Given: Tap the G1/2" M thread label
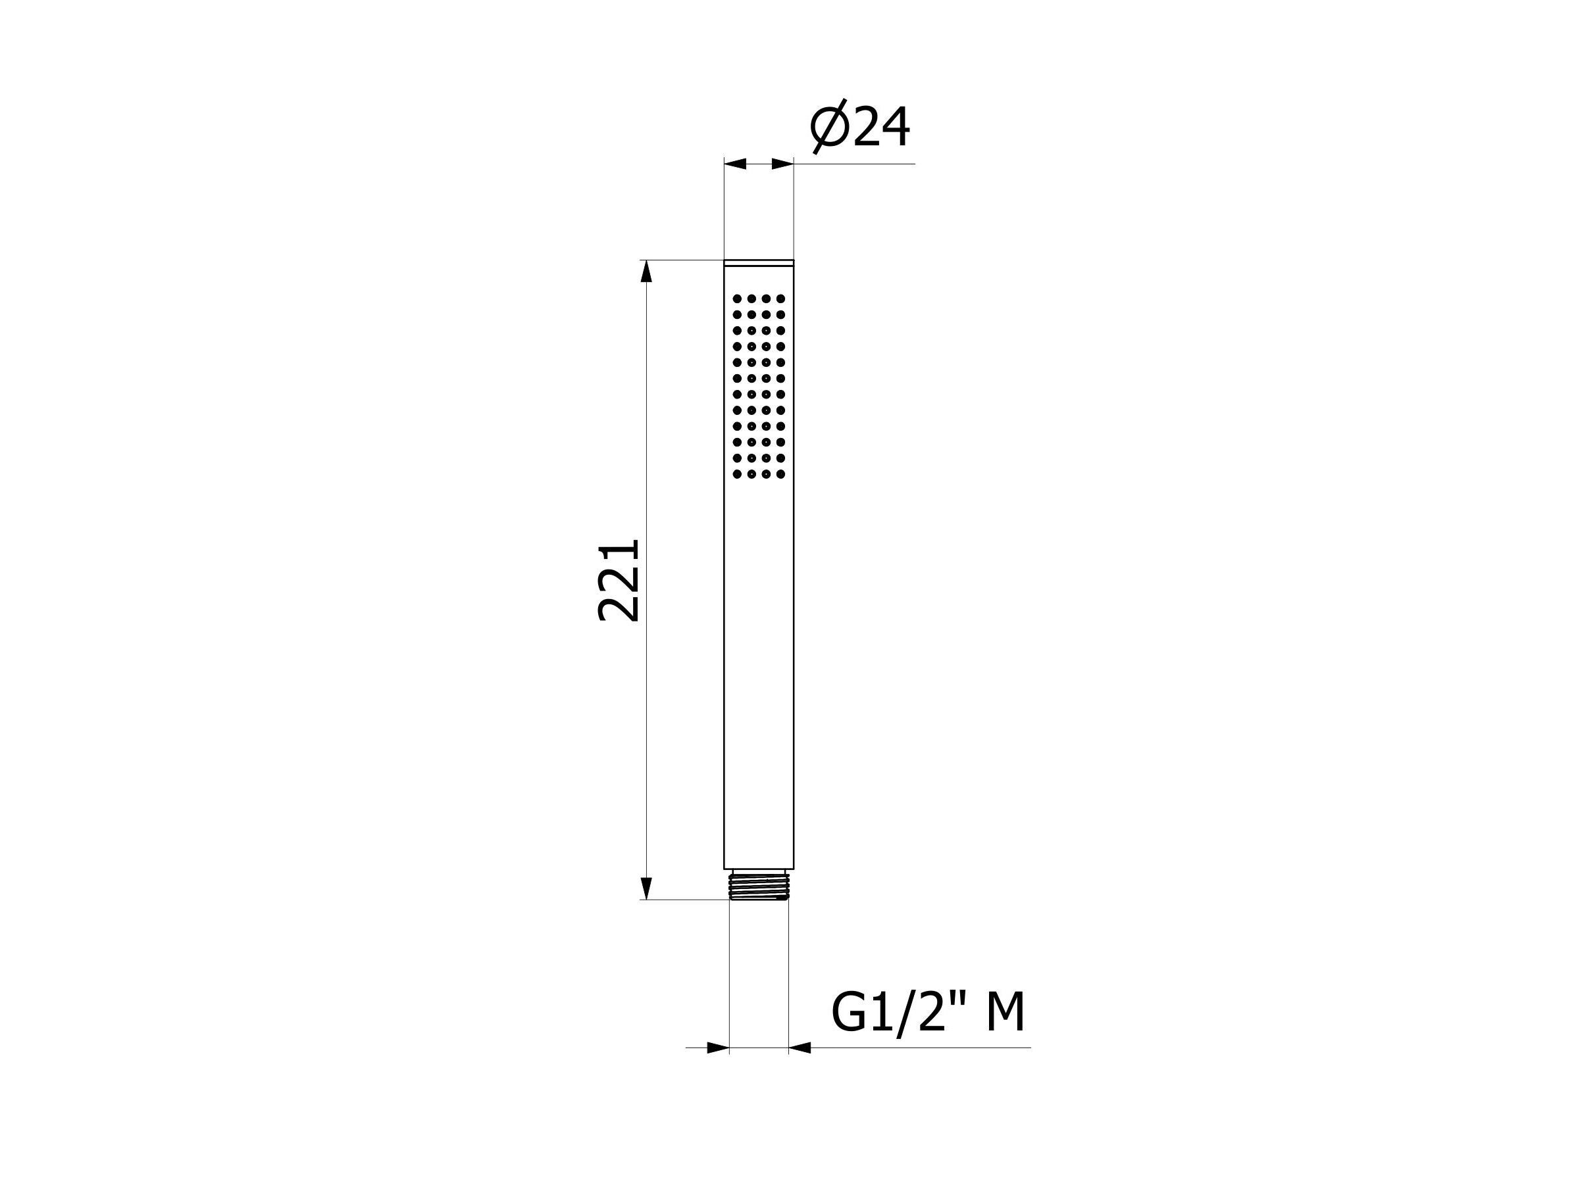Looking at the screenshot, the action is click(928, 1013).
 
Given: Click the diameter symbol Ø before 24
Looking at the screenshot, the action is click(829, 127).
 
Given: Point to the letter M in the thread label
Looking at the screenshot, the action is click(1005, 1013).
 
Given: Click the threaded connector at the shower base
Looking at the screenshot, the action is click(759, 884).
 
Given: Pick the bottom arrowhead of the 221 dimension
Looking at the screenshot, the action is click(646, 888).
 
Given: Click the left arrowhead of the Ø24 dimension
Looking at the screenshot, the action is click(736, 164).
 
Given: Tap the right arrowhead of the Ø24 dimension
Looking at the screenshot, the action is click(782, 164).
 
